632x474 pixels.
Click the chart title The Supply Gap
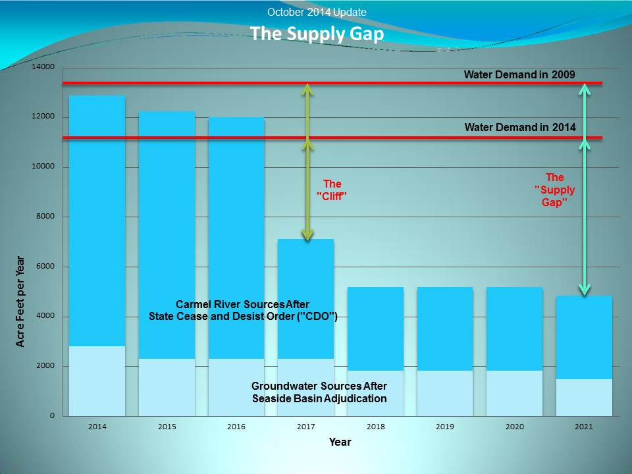coord(317,34)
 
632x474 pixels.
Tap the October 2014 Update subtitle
coord(317,12)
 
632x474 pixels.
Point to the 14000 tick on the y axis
coord(43,67)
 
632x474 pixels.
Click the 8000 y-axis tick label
coord(43,216)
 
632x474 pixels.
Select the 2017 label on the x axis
coord(306,427)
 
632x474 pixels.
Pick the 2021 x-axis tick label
coord(584,427)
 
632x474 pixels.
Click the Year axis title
coord(340,442)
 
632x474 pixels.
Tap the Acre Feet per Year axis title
coord(20,302)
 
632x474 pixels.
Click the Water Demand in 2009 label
coord(519,74)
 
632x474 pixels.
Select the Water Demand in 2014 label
coord(520,127)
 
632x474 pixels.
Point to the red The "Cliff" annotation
coord(332,190)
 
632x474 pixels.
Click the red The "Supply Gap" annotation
coord(554,190)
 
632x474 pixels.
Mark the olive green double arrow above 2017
coord(307,162)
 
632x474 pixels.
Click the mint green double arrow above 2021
coord(585,190)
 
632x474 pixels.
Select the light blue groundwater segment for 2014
coord(97,381)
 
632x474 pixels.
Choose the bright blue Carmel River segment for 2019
coord(445,329)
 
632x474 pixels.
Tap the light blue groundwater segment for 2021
coord(584,398)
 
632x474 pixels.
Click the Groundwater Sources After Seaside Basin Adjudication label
coord(319,392)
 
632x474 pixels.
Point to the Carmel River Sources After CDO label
coord(243,310)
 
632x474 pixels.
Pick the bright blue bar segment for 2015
coord(167,235)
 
